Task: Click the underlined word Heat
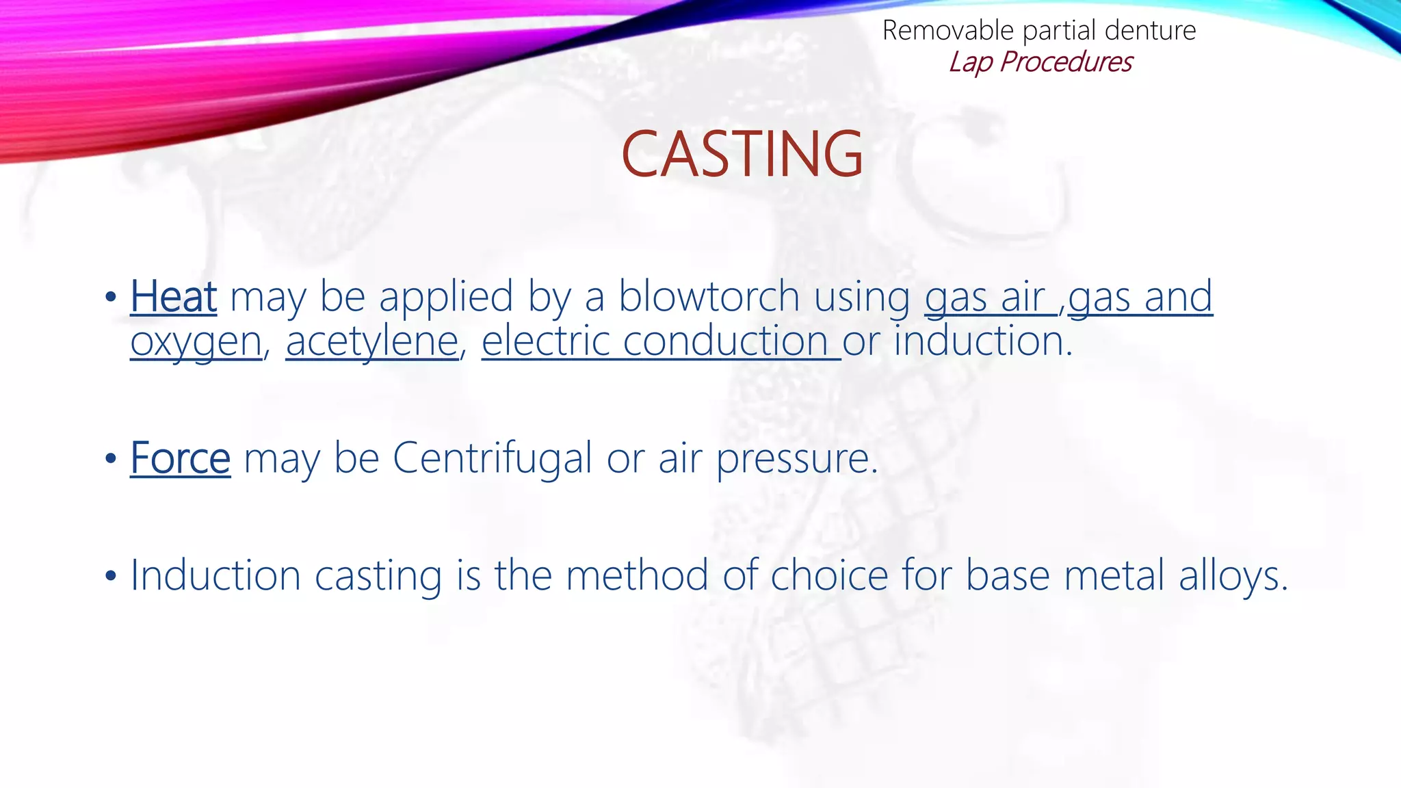[x=174, y=297]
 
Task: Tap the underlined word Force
[x=181, y=458]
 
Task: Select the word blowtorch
[x=709, y=297]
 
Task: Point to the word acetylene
[x=372, y=341]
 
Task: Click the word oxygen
[x=196, y=343]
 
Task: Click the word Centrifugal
[x=492, y=458]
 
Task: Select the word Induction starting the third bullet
[x=215, y=575]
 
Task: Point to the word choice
[x=829, y=575]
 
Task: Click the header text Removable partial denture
[x=1038, y=31]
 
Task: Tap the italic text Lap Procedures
[x=1040, y=62]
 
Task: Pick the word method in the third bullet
[x=636, y=575]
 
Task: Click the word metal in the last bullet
[x=1108, y=575]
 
